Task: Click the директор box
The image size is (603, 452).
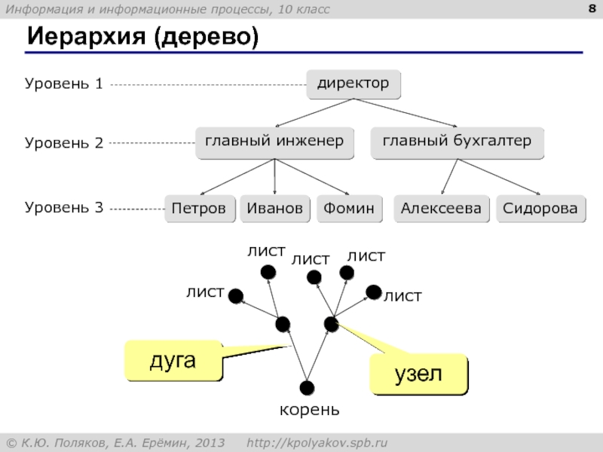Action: click(x=354, y=84)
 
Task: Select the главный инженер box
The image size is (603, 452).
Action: click(x=274, y=143)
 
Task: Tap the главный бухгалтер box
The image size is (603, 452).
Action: click(x=458, y=143)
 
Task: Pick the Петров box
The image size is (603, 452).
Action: click(x=200, y=209)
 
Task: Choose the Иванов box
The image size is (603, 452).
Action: click(x=275, y=209)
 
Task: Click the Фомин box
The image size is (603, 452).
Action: click(x=350, y=209)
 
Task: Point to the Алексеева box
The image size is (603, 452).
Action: click(x=442, y=209)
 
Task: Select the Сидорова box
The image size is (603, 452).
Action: click(x=541, y=209)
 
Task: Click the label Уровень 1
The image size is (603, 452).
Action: click(x=64, y=84)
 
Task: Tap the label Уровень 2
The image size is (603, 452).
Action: click(x=64, y=143)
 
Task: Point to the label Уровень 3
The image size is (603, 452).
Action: click(x=64, y=208)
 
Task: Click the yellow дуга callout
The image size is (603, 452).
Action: click(x=173, y=361)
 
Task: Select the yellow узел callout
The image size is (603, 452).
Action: click(x=419, y=374)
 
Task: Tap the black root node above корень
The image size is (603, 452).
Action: click(x=307, y=388)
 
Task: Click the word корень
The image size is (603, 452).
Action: click(x=310, y=411)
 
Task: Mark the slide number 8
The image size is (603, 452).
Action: click(x=592, y=8)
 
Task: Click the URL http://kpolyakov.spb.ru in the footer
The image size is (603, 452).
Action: click(x=317, y=443)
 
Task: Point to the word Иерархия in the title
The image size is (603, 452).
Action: click(x=87, y=37)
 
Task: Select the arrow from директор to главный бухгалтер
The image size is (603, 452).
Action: click(x=406, y=112)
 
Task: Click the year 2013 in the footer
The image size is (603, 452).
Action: click(x=210, y=443)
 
